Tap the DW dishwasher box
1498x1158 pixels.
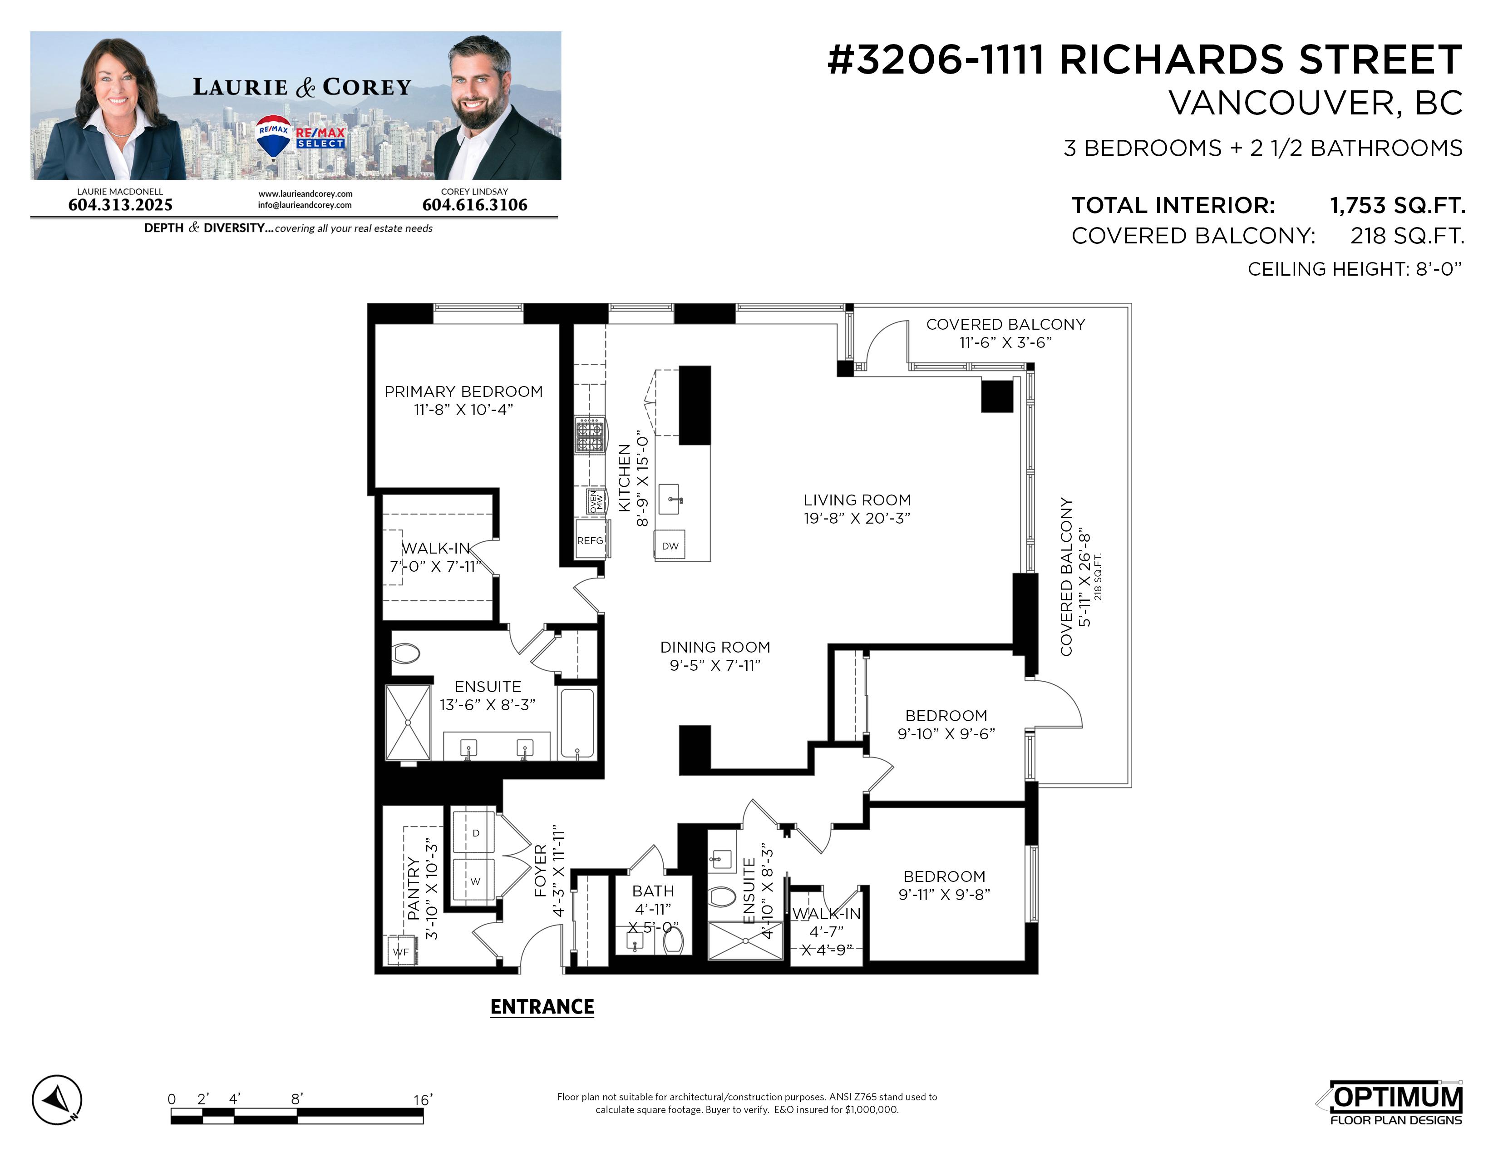pyautogui.click(x=670, y=545)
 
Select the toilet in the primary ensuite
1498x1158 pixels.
pyautogui.click(x=406, y=653)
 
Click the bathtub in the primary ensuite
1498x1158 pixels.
pyautogui.click(x=577, y=723)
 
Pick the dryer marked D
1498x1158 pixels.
pyautogui.click(x=474, y=833)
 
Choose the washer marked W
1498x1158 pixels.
pyautogui.click(x=474, y=881)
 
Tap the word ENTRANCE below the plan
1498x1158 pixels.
pyautogui.click(x=542, y=1006)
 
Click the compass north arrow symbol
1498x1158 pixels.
pyautogui.click(x=57, y=1100)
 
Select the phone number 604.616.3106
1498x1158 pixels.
pyautogui.click(x=475, y=204)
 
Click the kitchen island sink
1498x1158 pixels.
pyautogui.click(x=670, y=499)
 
